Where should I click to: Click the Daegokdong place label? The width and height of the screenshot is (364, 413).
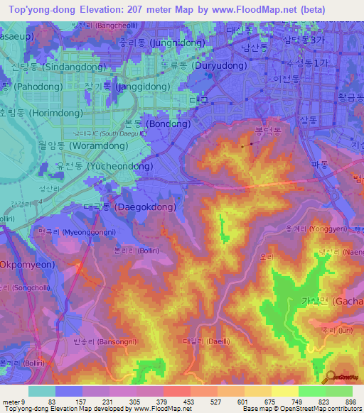[114, 207]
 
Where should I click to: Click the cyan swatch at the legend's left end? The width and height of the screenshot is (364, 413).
[41, 391]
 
